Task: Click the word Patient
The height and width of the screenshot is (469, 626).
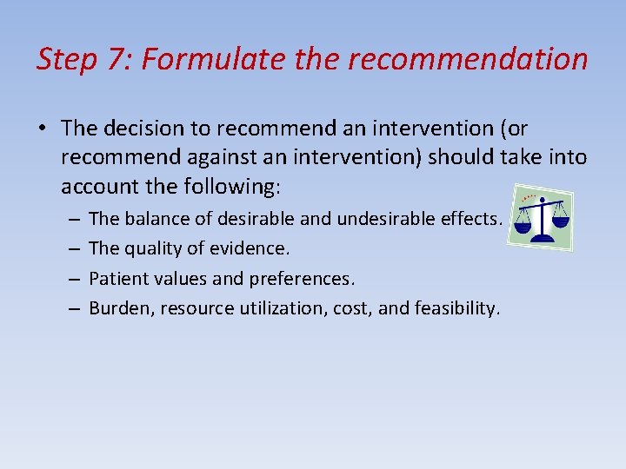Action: pyautogui.click(x=117, y=278)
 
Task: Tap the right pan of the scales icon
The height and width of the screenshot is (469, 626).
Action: pyautogui.click(x=561, y=221)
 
